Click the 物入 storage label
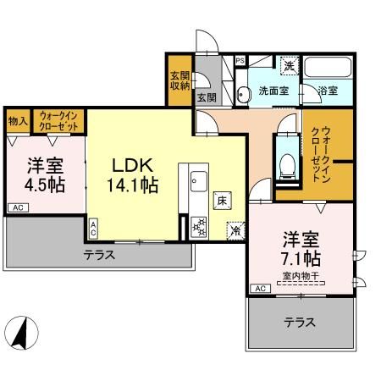[x=18, y=121]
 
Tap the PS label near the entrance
[x=240, y=61]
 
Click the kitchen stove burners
[x=199, y=228]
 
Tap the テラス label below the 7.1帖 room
[x=300, y=323]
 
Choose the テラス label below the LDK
[x=99, y=254]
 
